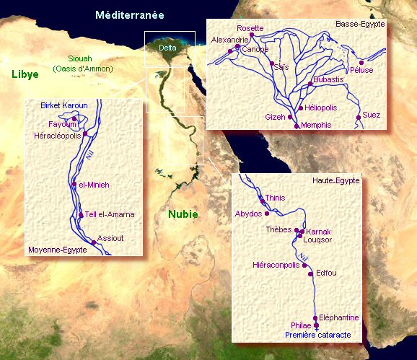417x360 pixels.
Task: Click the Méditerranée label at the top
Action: click(x=130, y=14)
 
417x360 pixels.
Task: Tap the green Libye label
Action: click(x=25, y=74)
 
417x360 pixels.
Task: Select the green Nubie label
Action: click(x=183, y=214)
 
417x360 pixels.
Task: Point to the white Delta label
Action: click(x=168, y=48)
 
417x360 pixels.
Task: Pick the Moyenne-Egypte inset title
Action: click(x=57, y=250)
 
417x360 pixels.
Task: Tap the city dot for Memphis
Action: click(x=296, y=126)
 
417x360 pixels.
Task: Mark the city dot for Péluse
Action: click(x=361, y=62)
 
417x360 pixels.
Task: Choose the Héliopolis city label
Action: click(x=322, y=107)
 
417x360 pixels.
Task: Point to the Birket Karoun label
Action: click(x=64, y=105)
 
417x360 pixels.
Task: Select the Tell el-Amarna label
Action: click(x=110, y=214)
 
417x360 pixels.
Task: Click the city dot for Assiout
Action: click(x=93, y=242)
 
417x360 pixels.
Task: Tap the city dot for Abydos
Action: click(x=267, y=214)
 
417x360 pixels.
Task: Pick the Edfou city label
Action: click(x=326, y=273)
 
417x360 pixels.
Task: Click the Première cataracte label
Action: click(x=317, y=335)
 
